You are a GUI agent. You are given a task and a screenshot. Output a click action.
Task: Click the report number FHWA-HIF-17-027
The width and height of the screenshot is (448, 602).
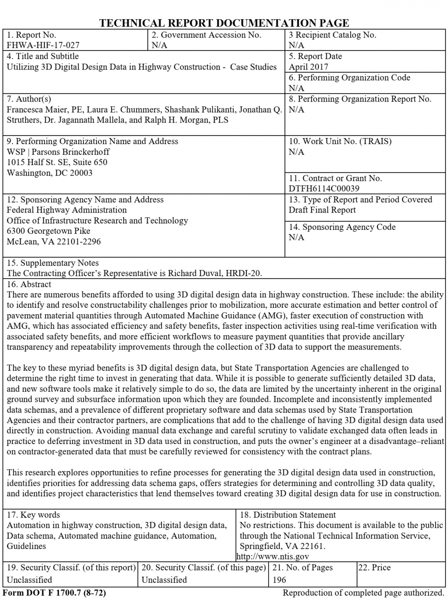43,45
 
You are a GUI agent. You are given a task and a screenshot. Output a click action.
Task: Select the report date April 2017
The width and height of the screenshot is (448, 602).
308,67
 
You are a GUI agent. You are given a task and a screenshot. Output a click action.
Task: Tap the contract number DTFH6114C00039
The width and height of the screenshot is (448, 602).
324,189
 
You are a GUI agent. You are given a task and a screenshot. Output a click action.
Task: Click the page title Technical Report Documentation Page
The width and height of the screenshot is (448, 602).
224,23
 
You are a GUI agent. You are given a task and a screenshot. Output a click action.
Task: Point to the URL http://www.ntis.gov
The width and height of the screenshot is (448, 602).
272,556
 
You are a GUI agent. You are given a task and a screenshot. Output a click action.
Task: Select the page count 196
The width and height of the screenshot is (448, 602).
279,579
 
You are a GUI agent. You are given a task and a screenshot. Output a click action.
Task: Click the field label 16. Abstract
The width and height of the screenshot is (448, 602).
29,284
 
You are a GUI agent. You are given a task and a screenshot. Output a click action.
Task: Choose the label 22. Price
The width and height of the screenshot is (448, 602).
374,567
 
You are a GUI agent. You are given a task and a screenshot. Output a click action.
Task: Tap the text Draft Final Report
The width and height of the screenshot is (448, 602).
322,210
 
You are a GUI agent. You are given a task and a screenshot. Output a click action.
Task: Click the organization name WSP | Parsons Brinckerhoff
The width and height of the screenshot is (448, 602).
58,152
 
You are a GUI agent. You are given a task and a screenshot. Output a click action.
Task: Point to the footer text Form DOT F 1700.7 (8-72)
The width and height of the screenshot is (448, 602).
54,593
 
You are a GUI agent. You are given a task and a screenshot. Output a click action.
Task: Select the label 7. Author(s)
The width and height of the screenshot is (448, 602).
29,99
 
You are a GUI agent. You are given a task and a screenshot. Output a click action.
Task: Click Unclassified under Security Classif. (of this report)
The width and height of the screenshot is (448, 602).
29,579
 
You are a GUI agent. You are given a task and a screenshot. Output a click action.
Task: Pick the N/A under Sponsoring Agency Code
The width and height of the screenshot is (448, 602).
296,237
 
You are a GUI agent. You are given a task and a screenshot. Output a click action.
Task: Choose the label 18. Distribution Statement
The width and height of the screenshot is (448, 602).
288,515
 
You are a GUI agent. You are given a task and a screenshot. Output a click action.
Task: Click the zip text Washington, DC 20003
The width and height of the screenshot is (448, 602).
49,173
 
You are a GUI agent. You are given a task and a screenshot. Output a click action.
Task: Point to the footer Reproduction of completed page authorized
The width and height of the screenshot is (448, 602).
363,593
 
